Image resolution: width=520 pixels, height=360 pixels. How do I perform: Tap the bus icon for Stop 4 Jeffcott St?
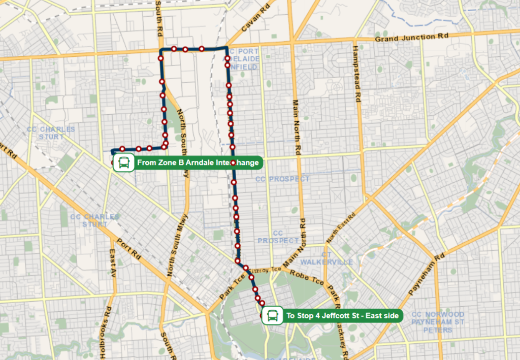pyautogui.click(x=273, y=316)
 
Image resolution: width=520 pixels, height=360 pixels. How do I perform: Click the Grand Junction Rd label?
pyautogui.click(x=412, y=38)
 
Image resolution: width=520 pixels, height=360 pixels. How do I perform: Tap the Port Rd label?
pyautogui.click(x=128, y=247)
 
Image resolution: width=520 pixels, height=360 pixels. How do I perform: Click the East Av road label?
pyautogui.click(x=112, y=263)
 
